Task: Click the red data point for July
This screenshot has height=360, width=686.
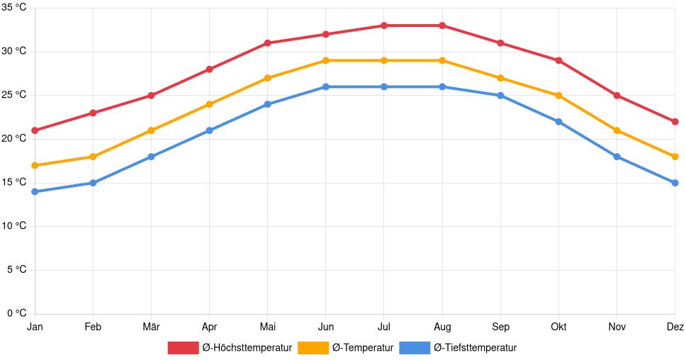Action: click(x=384, y=26)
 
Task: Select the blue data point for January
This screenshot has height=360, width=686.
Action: click(x=35, y=191)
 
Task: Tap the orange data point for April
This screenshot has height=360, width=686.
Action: click(x=209, y=104)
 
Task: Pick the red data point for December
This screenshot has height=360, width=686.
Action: click(x=675, y=122)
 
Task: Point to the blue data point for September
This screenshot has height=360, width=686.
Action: click(x=500, y=96)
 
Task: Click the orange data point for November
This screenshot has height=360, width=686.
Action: click(x=617, y=130)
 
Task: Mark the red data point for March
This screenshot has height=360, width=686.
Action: click(x=151, y=95)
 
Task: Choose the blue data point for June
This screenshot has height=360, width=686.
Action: click(x=325, y=86)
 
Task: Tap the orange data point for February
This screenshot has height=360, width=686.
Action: click(x=93, y=157)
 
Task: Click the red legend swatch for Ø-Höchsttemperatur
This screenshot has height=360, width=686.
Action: click(x=183, y=347)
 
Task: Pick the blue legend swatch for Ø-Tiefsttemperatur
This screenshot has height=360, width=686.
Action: click(x=415, y=347)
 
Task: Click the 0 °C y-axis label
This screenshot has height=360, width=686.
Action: click(x=16, y=313)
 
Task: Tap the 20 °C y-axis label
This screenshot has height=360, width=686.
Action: click(x=13, y=139)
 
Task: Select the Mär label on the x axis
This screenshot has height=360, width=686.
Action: click(x=151, y=327)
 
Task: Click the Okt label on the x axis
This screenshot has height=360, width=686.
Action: click(x=558, y=327)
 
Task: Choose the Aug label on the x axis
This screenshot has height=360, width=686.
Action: click(x=442, y=327)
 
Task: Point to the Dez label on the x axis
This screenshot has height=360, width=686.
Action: click(x=675, y=327)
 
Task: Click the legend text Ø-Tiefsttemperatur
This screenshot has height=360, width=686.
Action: click(x=475, y=347)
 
